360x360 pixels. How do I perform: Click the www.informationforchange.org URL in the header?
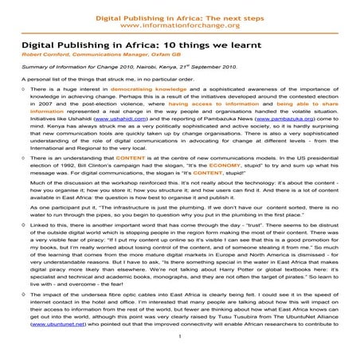(x=179, y=25)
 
